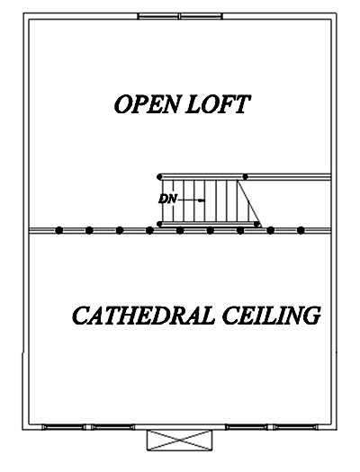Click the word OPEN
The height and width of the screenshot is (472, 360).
point(146,104)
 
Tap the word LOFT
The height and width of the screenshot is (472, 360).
point(218,104)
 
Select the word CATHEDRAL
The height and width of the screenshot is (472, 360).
point(144,316)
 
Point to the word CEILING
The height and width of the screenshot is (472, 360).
point(271,316)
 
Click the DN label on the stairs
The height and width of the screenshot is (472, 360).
point(166,200)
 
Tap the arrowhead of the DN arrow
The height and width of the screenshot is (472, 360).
point(202,200)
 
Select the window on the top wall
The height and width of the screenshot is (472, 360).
point(180,16)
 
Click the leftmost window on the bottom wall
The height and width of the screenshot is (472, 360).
point(64,427)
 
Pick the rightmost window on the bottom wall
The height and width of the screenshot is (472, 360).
point(296,427)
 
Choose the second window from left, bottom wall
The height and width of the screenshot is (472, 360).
point(112,427)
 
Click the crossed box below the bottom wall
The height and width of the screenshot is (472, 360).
point(179,441)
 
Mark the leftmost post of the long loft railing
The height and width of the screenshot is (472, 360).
point(59,230)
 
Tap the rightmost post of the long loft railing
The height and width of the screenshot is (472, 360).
point(301,230)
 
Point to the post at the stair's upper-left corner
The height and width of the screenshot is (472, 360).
point(159,177)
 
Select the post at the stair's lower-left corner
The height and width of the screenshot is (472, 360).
point(159,224)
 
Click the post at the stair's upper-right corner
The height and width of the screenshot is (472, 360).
point(246,177)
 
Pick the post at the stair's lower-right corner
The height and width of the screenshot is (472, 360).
point(256,224)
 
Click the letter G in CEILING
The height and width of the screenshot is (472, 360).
point(310,316)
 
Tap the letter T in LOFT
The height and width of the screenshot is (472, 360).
point(241,104)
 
